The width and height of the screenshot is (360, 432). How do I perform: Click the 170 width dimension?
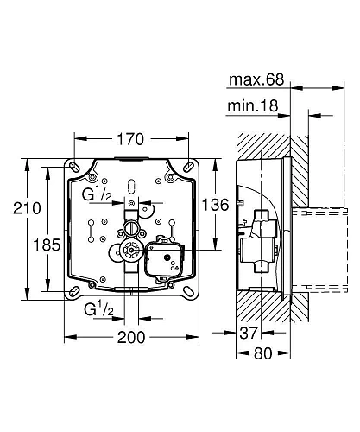[131, 139]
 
